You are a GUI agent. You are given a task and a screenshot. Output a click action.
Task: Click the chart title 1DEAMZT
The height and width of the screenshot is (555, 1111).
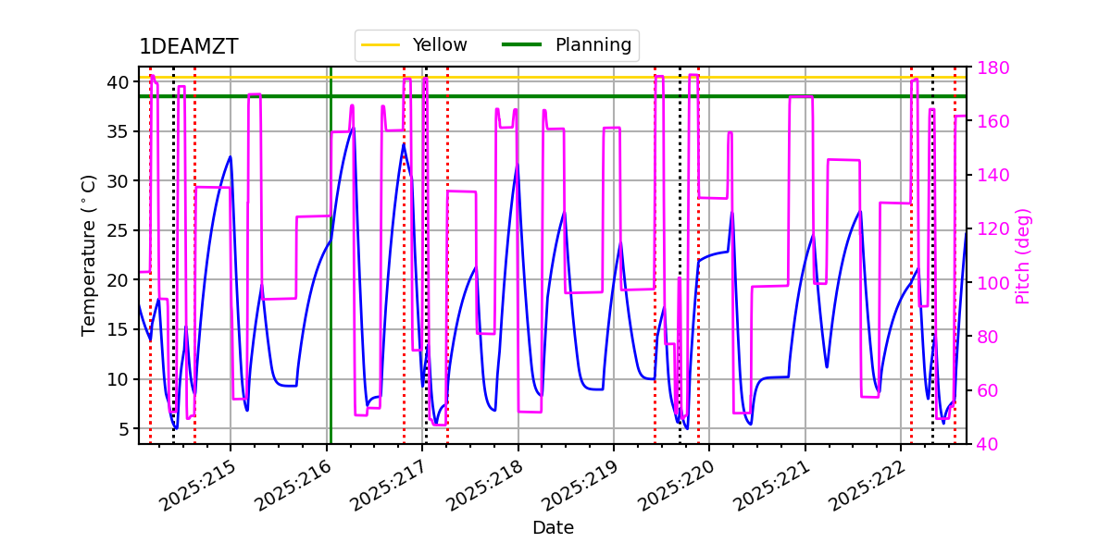click(188, 47)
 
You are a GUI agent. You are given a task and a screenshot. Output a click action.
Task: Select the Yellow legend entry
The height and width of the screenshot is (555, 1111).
click(440, 44)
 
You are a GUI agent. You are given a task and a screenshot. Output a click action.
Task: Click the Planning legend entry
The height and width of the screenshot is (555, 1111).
click(593, 44)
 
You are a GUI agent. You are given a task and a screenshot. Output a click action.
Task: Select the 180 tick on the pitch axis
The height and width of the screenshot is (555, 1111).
click(988, 68)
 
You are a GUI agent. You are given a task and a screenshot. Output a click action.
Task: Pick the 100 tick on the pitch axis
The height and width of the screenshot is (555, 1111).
click(988, 283)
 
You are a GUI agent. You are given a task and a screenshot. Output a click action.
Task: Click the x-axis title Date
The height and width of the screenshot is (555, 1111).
click(553, 528)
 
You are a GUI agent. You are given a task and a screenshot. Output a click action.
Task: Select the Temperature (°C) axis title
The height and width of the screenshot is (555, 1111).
click(89, 254)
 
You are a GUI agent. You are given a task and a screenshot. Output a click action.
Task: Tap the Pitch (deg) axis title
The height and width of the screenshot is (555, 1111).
click(1023, 255)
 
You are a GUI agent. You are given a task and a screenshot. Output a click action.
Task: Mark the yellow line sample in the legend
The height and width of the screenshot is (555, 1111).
click(381, 44)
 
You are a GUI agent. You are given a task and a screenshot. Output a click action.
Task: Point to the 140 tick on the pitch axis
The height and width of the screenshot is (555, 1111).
click(988, 175)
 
